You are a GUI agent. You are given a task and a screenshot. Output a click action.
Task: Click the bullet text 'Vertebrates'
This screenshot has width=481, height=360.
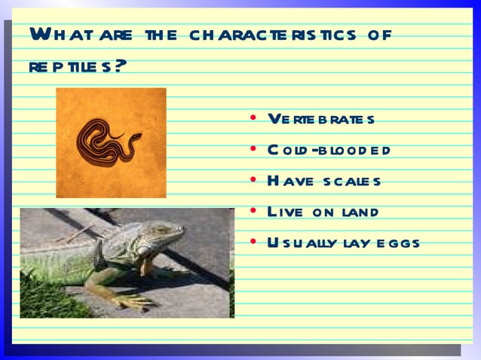coord(321,120)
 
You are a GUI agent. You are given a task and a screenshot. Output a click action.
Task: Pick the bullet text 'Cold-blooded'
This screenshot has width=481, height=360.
coord(328,150)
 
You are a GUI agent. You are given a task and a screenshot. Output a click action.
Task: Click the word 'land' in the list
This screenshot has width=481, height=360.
coord(357,212)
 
